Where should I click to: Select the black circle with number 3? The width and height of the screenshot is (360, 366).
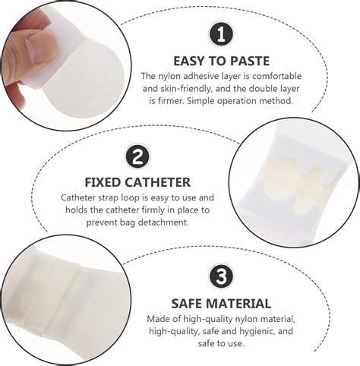pyautogui.click(x=221, y=276)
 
